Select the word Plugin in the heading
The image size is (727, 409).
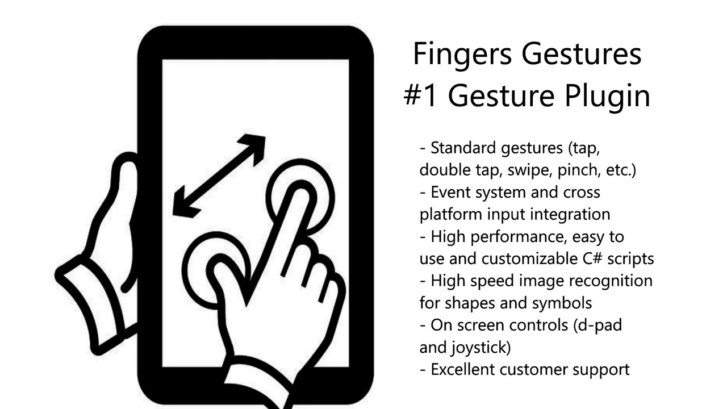[608, 97]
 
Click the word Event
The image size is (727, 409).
[450, 192]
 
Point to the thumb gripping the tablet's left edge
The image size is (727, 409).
[125, 182]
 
